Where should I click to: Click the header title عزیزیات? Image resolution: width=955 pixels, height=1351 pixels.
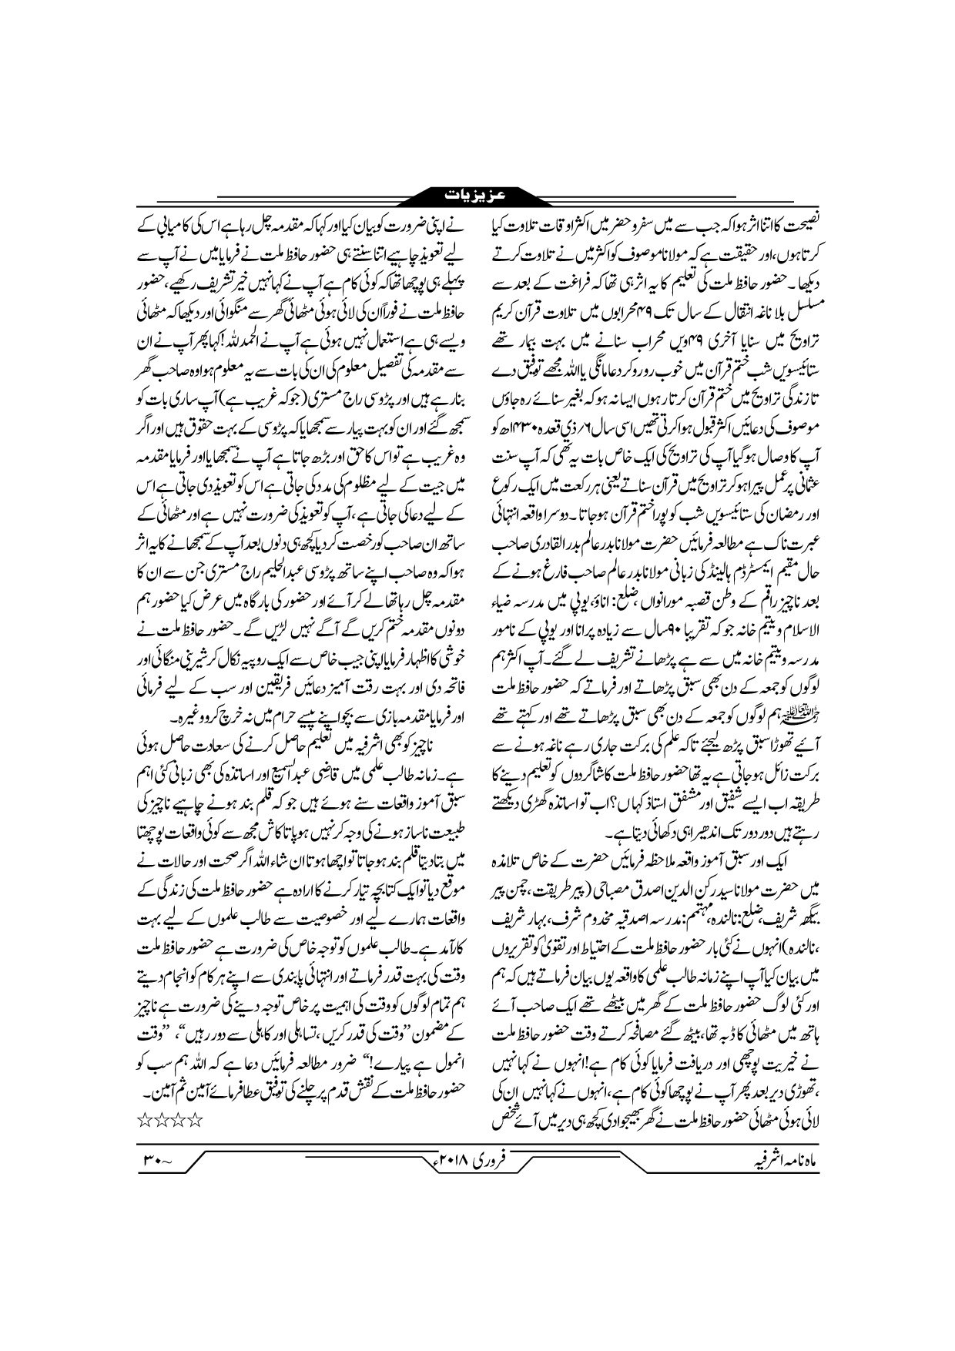[x=477, y=193]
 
